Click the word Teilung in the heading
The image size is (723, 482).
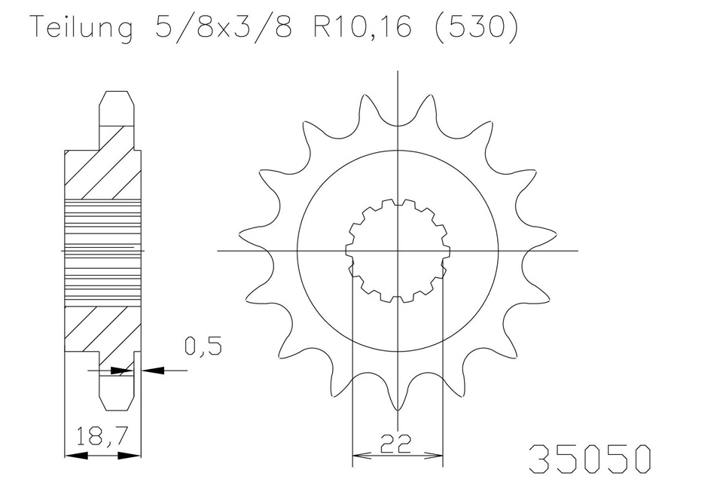[81, 28]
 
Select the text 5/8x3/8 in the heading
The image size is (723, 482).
[223, 28]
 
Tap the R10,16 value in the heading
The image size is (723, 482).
[361, 28]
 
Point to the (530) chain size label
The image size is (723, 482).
[476, 28]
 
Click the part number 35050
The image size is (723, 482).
[590, 459]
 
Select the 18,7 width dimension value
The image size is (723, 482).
[101, 436]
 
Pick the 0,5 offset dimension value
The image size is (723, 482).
[203, 346]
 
